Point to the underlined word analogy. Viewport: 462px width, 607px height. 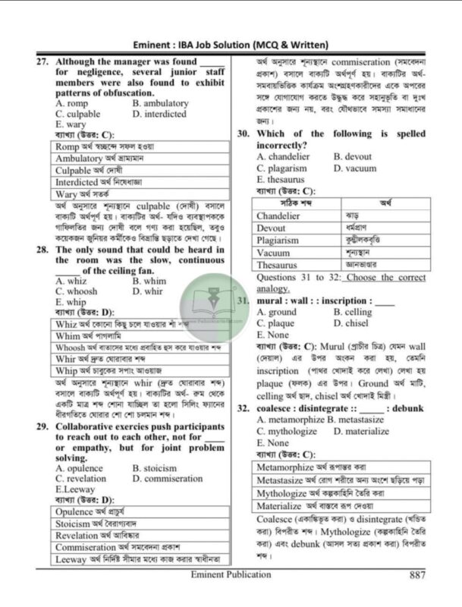click(x=274, y=289)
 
